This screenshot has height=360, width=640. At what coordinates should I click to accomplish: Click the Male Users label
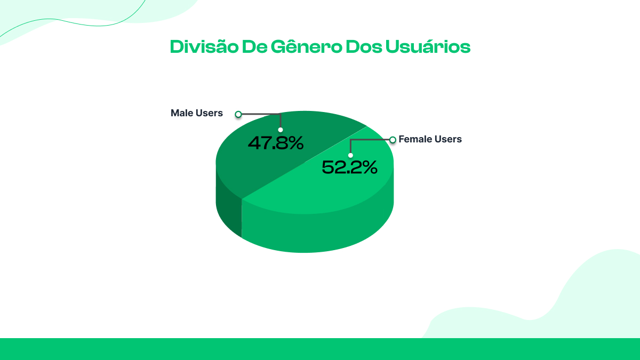[x=196, y=113]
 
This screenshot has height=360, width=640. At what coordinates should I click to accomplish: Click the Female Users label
[x=430, y=139]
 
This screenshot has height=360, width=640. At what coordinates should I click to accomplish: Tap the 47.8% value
[x=276, y=143]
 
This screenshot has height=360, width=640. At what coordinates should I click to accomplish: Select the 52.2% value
[x=349, y=167]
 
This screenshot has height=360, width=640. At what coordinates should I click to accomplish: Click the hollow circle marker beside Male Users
[x=238, y=114]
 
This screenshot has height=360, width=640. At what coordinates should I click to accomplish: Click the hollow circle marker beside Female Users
[x=393, y=140]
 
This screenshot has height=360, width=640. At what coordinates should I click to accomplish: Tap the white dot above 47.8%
[x=281, y=130]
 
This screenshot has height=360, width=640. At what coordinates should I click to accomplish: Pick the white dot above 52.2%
[x=350, y=155]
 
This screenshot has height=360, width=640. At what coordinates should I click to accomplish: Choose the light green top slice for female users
[x=331, y=192]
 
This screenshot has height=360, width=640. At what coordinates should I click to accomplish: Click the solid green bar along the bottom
[x=320, y=349]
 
